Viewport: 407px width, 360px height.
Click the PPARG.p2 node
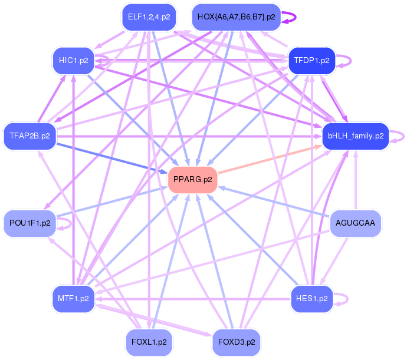point(193,180)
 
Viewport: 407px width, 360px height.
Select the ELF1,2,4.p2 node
point(149,17)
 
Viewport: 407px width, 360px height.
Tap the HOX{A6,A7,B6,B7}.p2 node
point(236,17)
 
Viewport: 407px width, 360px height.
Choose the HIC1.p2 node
point(74,61)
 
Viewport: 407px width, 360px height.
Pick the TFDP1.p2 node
point(312,61)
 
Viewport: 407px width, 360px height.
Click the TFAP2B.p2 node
point(30,136)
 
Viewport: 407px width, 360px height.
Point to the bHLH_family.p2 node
point(356,136)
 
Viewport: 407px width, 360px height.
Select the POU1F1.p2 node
point(30,223)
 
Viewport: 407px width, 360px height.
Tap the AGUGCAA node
point(355,223)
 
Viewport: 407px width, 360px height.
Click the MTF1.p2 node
point(74,299)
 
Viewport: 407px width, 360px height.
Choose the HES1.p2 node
point(312,299)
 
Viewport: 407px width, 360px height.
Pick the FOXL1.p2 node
point(149,342)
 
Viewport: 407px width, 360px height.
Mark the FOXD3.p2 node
point(237,342)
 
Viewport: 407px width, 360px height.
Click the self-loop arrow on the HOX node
point(296,17)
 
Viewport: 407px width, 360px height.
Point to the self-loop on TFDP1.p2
point(351,61)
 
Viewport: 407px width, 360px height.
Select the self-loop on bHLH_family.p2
point(403,137)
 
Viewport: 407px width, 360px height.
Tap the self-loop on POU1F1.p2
point(71,223)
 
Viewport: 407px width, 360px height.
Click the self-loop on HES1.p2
point(347,299)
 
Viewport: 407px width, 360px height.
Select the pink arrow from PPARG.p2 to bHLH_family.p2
point(270,160)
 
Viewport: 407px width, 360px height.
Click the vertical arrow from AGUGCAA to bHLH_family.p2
point(356,180)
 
